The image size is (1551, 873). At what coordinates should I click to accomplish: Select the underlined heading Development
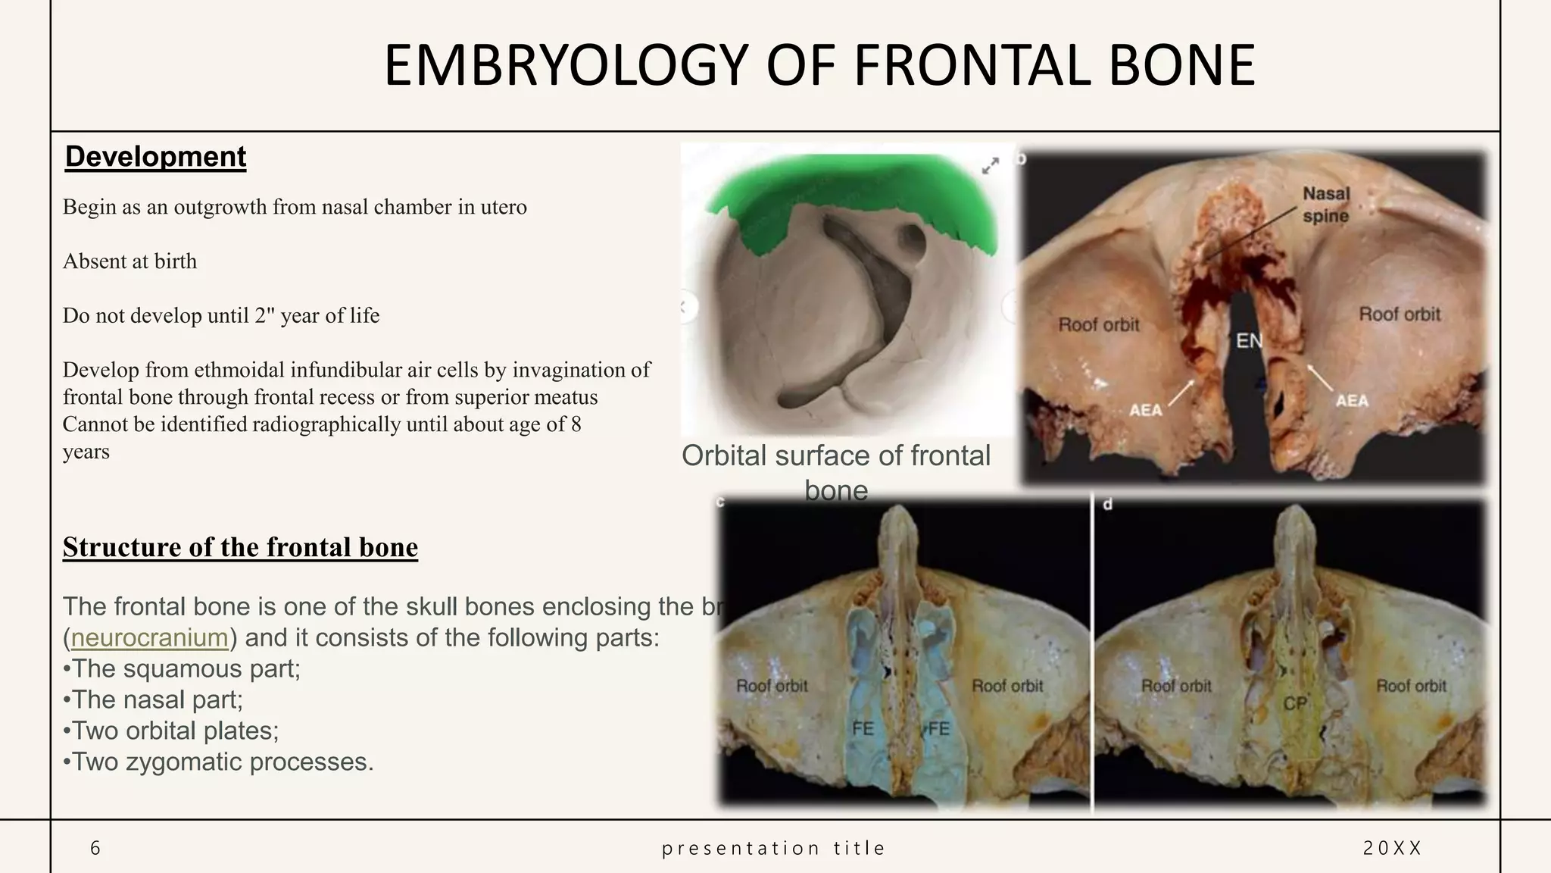coord(155,157)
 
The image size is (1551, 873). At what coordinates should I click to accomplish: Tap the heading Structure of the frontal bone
coord(240,547)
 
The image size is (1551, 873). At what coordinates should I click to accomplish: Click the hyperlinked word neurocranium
coord(149,638)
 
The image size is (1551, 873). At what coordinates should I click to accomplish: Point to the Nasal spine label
coord(1325,205)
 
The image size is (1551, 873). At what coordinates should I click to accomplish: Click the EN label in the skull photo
coord(1249,341)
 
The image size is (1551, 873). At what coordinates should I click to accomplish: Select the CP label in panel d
coord(1294,703)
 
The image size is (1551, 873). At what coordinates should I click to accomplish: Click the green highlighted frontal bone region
coord(848,189)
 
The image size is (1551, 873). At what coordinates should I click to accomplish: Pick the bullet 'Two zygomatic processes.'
coord(218,762)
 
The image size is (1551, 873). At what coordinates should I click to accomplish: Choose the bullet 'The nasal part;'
coord(153,699)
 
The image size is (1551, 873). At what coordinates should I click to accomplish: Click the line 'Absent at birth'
coord(130,261)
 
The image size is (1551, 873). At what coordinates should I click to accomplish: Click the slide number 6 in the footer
coord(95,848)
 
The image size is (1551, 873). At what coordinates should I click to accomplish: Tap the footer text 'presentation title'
coord(773,848)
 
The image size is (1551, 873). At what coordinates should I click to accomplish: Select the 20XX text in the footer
coord(1392,848)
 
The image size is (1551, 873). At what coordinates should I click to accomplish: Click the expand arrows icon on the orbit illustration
coord(990,166)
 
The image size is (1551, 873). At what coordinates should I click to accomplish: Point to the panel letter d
coord(1108,505)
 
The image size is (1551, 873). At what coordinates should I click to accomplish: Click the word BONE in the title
coord(1181,66)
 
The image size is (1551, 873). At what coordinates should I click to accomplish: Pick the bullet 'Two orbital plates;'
coord(171,731)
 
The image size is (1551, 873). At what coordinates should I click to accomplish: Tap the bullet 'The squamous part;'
coord(182,669)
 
